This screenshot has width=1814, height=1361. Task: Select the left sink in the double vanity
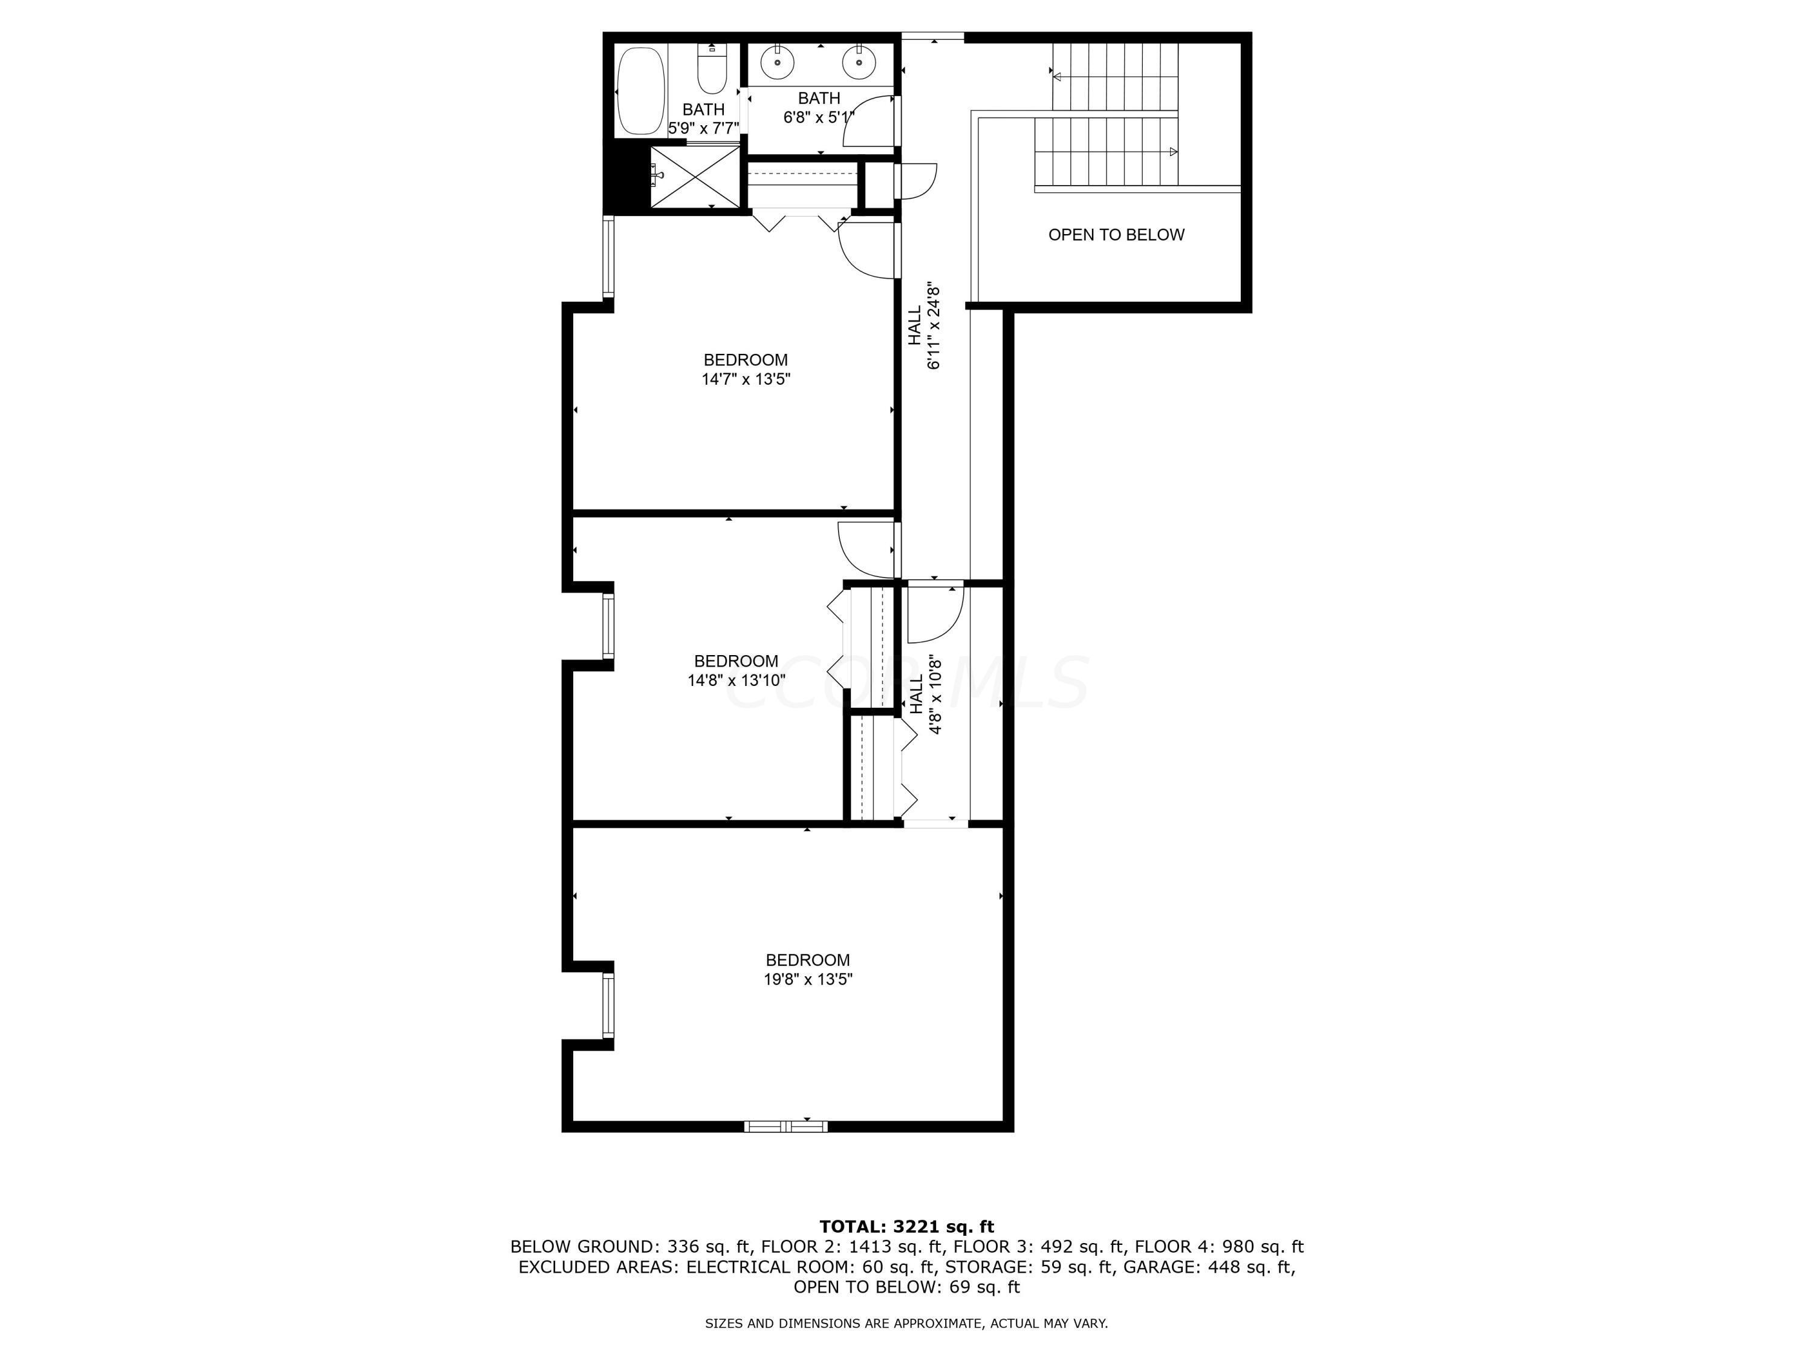pos(776,60)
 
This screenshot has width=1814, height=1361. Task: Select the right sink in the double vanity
pos(859,60)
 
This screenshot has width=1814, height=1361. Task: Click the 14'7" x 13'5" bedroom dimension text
pos(746,380)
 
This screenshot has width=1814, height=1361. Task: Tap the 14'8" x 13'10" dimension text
pos(736,680)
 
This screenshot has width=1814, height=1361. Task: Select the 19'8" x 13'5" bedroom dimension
pos(808,979)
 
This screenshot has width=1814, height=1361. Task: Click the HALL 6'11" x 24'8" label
pos(923,327)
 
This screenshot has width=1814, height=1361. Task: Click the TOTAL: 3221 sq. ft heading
pos(906,1227)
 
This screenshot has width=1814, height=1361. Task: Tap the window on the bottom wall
pos(785,1126)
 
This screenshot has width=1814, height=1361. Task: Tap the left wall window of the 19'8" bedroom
pos(608,1005)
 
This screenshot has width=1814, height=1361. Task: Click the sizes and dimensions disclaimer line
pos(906,1323)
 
